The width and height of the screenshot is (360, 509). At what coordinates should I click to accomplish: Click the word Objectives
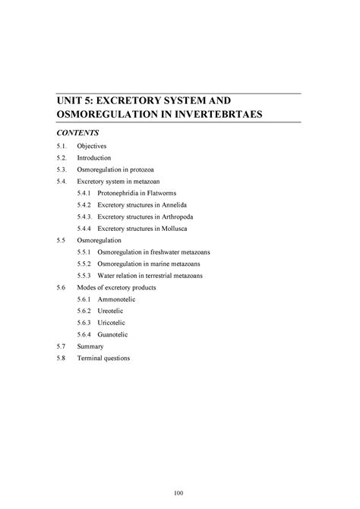click(x=94, y=144)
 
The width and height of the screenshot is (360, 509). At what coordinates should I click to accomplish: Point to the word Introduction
click(x=96, y=157)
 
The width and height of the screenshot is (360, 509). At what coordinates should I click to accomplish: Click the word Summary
click(x=92, y=346)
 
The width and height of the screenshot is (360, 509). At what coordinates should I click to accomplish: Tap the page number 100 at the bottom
click(x=179, y=492)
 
